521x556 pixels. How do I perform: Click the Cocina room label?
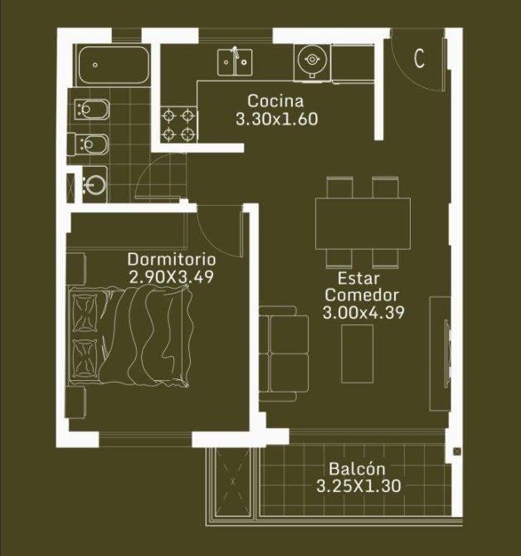pyautogui.click(x=275, y=101)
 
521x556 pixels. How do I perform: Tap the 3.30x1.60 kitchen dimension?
pyautogui.click(x=277, y=119)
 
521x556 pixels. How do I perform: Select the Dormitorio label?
pyautogui.click(x=172, y=259)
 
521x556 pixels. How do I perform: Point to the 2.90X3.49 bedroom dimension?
pyautogui.click(x=172, y=277)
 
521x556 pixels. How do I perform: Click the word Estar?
pyautogui.click(x=358, y=278)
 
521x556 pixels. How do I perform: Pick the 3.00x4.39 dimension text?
pyautogui.click(x=363, y=312)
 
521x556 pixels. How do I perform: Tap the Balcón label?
pyautogui.click(x=357, y=469)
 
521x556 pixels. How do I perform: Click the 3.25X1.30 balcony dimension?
pyautogui.click(x=358, y=485)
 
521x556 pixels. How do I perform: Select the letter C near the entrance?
pyautogui.click(x=419, y=59)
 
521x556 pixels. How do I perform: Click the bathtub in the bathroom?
pyautogui.click(x=114, y=65)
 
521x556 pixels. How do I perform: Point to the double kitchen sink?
pyautogui.click(x=235, y=62)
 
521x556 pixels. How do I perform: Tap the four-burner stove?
pyautogui.click(x=178, y=124)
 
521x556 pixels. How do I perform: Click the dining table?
pyautogui.click(x=363, y=223)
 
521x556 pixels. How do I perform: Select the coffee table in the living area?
pyautogui.click(x=358, y=354)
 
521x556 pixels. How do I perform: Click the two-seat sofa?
pyautogui.click(x=284, y=354)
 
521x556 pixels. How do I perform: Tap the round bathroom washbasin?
pyautogui.click(x=95, y=184)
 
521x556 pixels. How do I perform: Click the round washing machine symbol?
pyautogui.click(x=312, y=60)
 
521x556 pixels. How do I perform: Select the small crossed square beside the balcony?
pyautogui.click(x=457, y=451)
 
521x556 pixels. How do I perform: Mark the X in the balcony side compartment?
pyautogui.click(x=233, y=482)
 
